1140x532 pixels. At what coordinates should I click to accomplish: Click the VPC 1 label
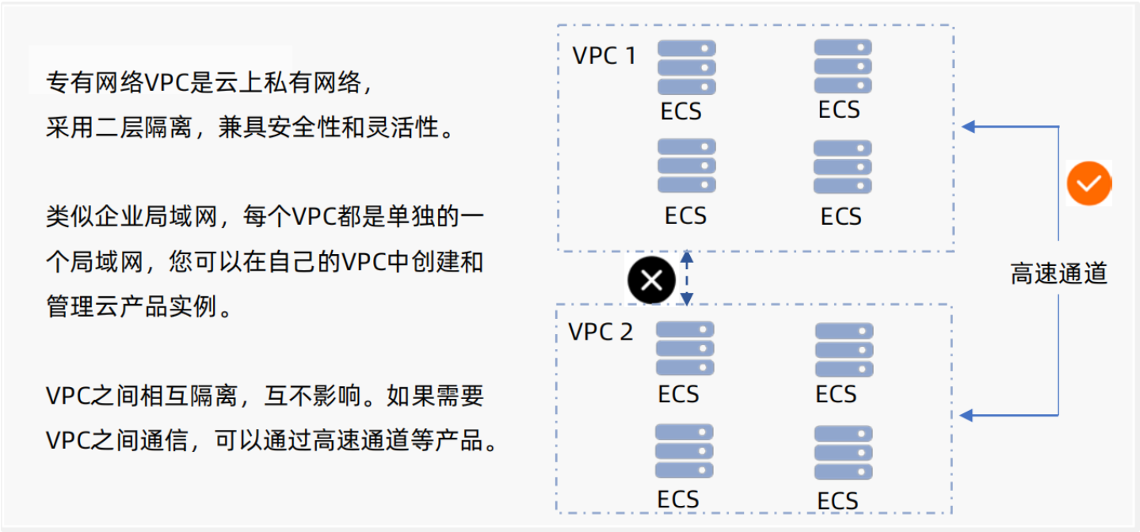click(x=604, y=57)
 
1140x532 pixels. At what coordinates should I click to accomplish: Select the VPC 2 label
click(x=601, y=332)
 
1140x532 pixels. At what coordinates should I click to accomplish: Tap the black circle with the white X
click(x=651, y=279)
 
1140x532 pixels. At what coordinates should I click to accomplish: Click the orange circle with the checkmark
click(x=1089, y=184)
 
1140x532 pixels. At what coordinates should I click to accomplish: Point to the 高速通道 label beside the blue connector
click(x=1058, y=273)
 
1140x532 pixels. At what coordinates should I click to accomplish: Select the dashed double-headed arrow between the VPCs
click(x=687, y=279)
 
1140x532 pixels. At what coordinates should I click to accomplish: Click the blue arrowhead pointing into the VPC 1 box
click(x=968, y=126)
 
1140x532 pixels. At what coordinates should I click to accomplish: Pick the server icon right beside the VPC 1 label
click(x=686, y=67)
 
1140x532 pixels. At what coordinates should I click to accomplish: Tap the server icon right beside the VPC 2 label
click(x=684, y=349)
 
